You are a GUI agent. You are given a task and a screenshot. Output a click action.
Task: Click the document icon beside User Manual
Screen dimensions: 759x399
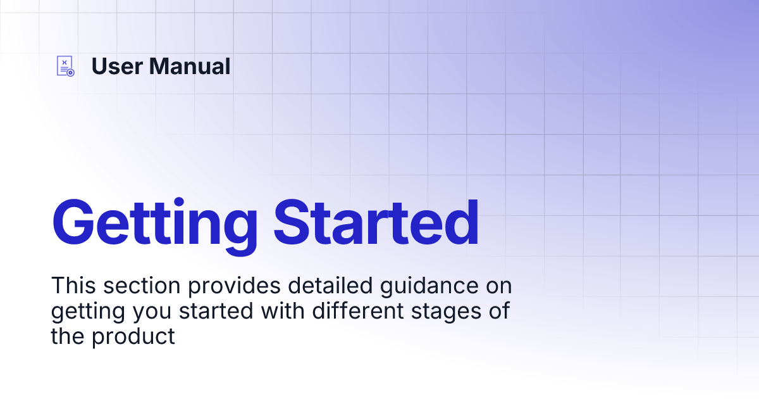click(65, 66)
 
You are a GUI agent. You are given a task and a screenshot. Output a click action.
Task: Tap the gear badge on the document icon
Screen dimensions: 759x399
click(70, 73)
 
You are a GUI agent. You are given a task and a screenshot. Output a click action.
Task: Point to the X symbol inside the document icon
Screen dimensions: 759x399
click(65, 63)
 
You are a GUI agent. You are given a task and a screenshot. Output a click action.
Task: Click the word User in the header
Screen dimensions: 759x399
click(117, 66)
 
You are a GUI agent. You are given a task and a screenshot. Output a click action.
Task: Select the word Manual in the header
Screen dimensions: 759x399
click(190, 66)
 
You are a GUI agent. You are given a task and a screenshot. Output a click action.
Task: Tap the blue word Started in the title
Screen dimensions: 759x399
click(376, 222)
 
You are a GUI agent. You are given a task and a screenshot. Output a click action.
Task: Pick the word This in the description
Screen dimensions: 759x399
click(73, 285)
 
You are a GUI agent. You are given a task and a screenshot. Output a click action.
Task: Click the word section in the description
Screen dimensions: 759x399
click(142, 285)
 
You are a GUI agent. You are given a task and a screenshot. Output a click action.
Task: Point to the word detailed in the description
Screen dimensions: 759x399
click(330, 285)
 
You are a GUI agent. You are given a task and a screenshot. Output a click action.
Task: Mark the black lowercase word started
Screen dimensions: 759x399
click(216, 310)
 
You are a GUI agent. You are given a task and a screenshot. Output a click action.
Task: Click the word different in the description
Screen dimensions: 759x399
click(358, 310)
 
